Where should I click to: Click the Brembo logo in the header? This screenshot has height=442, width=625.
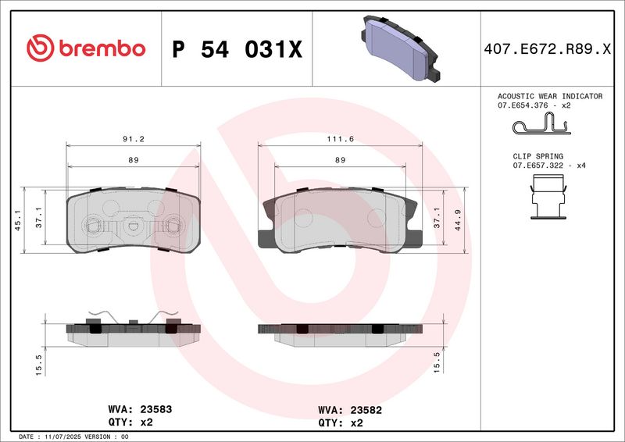(86, 48)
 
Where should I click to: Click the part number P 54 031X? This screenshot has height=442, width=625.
(237, 49)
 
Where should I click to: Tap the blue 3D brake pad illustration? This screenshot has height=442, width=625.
(401, 48)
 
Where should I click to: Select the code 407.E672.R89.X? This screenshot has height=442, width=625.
(547, 49)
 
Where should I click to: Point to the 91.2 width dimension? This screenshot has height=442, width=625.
(134, 139)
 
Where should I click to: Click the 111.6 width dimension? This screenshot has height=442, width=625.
(341, 139)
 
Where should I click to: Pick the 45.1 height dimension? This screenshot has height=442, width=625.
(17, 220)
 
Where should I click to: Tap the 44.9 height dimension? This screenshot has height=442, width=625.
(458, 220)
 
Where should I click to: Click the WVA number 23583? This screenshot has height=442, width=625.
(155, 409)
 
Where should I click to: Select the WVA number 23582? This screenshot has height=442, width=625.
(366, 410)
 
